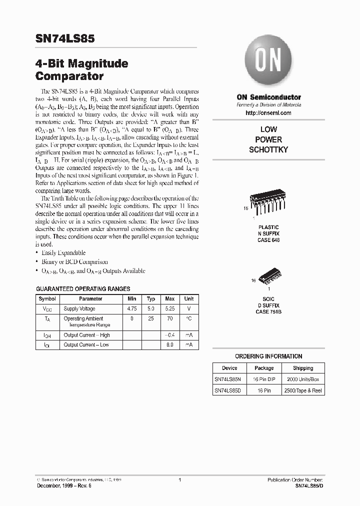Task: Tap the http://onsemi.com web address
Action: pos(268,113)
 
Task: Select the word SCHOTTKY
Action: pos(268,149)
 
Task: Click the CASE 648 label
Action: pos(268,240)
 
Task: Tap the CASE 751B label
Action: pos(268,311)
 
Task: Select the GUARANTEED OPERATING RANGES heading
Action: pos(83,289)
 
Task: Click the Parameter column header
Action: pos(90,298)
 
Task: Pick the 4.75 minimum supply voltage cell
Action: pos(131,309)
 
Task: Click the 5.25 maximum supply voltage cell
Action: pos(170,309)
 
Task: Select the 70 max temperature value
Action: pos(170,318)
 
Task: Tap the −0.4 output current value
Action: pos(170,335)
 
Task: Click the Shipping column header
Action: pos(303,368)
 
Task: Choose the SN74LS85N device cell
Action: pos(228,379)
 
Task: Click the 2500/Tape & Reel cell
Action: pos(303,390)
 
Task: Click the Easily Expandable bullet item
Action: pos(63,253)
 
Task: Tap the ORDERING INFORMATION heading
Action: pos(268,356)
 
